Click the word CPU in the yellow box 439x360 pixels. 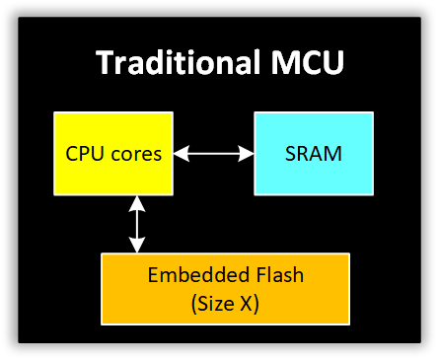(85, 154)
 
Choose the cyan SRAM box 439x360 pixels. (314, 153)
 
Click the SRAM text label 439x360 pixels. (314, 154)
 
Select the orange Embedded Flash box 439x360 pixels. (225, 289)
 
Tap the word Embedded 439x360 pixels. (192, 276)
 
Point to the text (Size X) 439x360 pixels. (225, 304)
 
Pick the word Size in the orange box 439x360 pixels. (213, 304)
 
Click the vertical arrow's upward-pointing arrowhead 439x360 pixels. (138, 203)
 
